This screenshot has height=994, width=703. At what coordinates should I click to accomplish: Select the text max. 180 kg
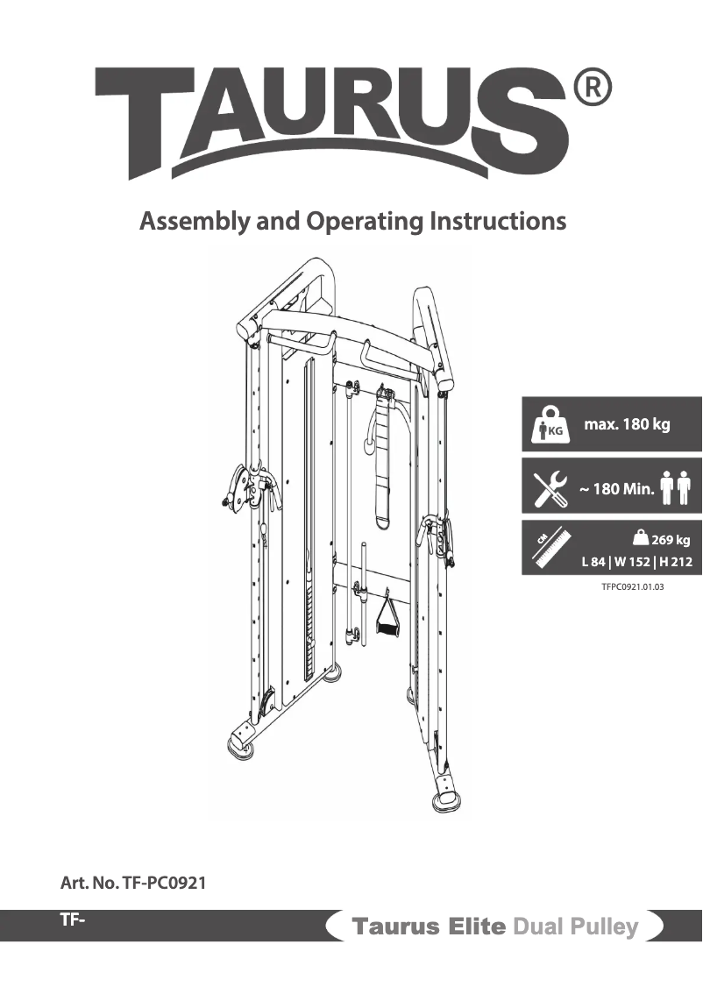pyautogui.click(x=627, y=425)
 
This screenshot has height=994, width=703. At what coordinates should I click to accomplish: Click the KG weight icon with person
pyautogui.click(x=551, y=424)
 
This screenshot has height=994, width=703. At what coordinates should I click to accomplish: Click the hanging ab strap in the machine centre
pyautogui.click(x=384, y=456)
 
